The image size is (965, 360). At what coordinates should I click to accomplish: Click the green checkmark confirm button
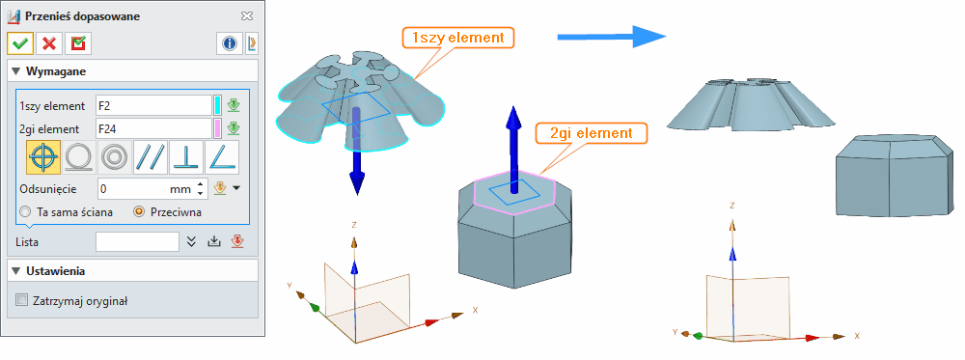point(19,43)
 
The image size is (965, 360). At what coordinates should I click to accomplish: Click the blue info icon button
point(229,43)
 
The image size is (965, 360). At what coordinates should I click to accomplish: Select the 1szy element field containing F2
point(152,105)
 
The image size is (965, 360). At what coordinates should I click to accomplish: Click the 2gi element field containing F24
point(152,128)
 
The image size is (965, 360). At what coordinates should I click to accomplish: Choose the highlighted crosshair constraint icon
point(43,156)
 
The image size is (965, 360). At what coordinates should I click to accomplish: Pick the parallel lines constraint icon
point(151,156)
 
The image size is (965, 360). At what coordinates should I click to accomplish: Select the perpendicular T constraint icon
point(186,156)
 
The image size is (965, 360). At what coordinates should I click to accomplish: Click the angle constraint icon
point(222,156)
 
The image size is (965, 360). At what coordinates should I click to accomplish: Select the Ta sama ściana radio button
point(25,211)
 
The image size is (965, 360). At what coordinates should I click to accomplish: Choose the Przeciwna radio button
point(140,211)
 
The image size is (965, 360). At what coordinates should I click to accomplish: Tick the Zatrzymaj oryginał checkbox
point(23,300)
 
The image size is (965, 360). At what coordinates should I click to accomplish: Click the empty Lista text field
point(137,241)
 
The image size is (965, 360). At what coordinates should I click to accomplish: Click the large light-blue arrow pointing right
point(612,37)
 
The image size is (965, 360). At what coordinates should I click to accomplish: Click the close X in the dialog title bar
point(247,15)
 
